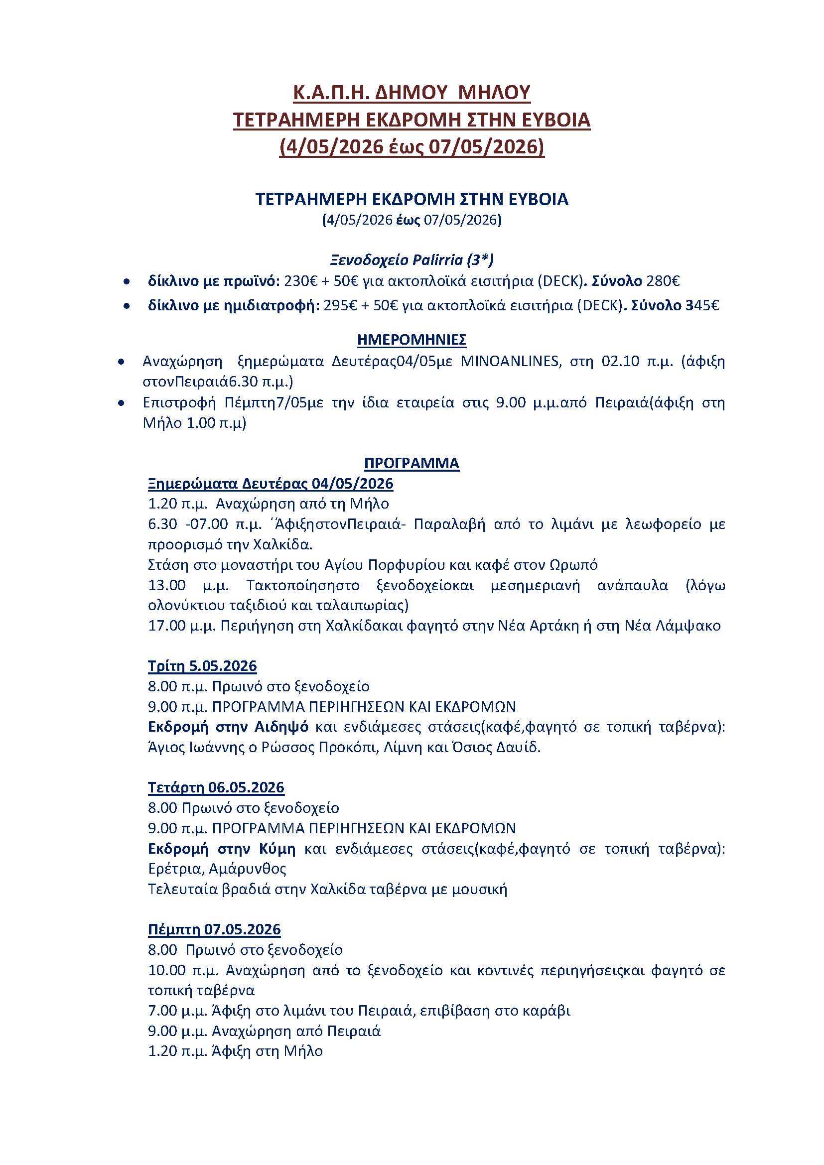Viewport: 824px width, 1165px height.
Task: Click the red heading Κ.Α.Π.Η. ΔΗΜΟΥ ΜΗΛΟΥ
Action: tap(412, 92)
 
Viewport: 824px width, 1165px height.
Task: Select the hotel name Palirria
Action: tap(435, 260)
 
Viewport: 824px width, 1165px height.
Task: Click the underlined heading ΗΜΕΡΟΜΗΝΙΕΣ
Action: tap(412, 340)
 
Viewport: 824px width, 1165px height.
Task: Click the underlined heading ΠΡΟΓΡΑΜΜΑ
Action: tap(412, 463)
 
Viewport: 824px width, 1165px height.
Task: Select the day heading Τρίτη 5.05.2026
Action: tap(202, 666)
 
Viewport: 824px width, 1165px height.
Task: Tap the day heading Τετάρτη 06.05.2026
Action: tap(216, 787)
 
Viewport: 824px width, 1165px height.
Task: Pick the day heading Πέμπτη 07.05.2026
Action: tap(214, 929)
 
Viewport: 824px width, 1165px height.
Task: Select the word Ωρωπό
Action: tap(573, 565)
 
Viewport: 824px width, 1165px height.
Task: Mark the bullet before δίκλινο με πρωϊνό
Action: tap(127, 281)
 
